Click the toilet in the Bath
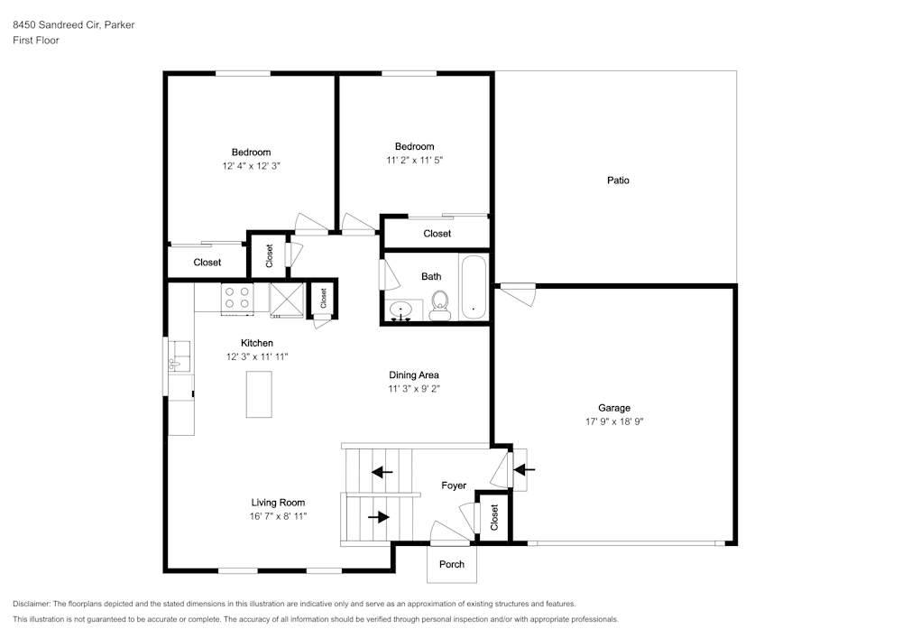440,305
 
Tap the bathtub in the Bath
474,288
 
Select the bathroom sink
401,310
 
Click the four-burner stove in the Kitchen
238,298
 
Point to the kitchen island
259,393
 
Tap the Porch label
452,564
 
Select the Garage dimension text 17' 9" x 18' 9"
613,421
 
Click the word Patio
618,180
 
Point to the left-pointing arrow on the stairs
382,471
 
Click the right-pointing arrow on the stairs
380,517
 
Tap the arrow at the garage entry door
524,469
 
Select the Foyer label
454,485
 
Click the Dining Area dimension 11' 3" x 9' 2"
414,389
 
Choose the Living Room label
278,503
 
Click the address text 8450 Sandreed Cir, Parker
73,25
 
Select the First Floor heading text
36,41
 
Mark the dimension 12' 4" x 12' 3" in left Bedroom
251,166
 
